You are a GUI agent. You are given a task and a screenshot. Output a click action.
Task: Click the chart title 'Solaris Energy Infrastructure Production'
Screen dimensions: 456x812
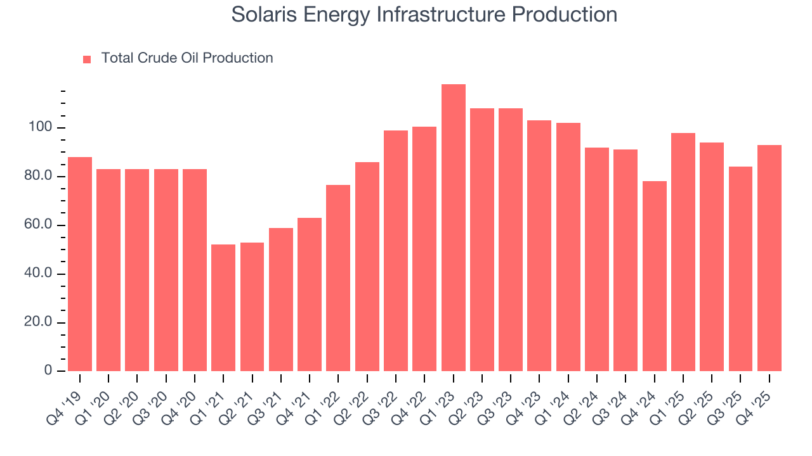tap(424, 14)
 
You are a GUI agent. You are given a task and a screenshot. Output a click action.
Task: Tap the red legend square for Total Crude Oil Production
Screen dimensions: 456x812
tap(87, 59)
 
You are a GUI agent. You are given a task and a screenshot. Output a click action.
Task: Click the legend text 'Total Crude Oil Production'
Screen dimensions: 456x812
tap(187, 58)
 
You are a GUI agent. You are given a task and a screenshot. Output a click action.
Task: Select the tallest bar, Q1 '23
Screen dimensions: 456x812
tap(453, 228)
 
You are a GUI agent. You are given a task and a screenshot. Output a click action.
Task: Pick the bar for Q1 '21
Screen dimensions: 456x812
tap(223, 308)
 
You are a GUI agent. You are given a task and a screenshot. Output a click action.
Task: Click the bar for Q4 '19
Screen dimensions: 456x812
tap(80, 264)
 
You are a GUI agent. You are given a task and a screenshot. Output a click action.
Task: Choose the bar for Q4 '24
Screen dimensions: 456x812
tap(654, 276)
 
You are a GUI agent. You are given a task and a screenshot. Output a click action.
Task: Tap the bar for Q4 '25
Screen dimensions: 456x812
tap(769, 258)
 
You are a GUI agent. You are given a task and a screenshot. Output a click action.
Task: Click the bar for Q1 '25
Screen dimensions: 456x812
tap(683, 252)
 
